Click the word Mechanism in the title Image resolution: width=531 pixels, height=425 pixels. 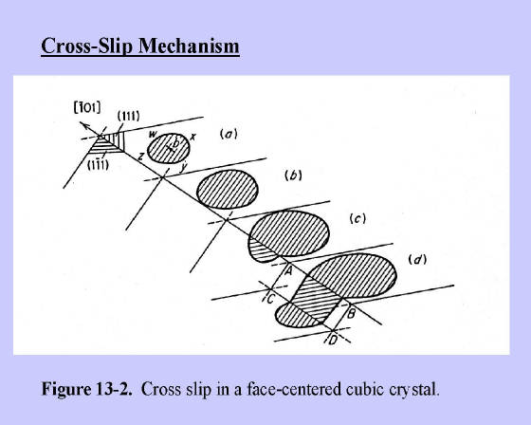(x=189, y=46)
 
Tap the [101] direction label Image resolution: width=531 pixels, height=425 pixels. (x=87, y=108)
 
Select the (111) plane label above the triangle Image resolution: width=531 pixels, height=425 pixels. (x=128, y=116)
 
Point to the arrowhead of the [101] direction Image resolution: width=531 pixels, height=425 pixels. (x=82, y=124)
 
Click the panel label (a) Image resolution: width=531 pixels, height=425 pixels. (x=229, y=134)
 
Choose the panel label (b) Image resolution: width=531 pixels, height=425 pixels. (x=293, y=176)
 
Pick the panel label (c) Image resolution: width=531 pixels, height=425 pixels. (x=357, y=219)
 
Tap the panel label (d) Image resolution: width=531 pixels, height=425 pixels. (x=417, y=260)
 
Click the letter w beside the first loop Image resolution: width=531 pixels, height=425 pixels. (x=153, y=134)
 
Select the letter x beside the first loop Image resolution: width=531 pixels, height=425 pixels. (x=193, y=137)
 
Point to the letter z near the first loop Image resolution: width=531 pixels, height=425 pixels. (x=141, y=157)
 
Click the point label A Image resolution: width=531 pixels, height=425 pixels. (x=289, y=270)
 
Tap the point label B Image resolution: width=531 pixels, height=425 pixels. (x=351, y=313)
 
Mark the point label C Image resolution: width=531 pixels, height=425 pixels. (x=270, y=299)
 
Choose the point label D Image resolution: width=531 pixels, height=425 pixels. (x=333, y=340)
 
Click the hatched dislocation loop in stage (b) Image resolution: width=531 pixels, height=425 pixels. (x=228, y=189)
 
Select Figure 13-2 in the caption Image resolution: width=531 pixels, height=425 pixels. (x=86, y=389)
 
